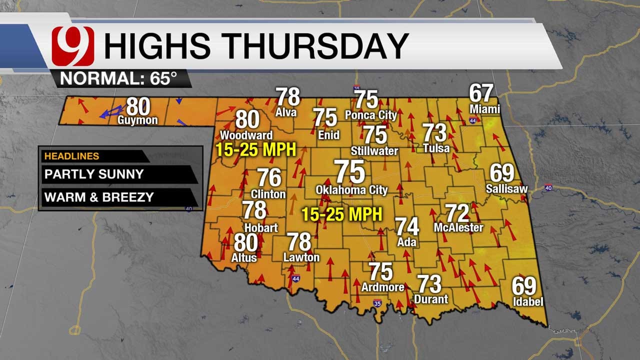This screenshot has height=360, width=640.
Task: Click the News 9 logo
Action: tap(73, 46)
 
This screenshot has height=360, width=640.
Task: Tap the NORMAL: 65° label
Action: tap(118, 78)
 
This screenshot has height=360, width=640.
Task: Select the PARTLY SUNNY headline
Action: tap(94, 174)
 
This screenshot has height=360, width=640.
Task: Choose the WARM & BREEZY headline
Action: tap(99, 197)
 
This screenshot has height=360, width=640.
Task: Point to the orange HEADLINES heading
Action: tap(72, 156)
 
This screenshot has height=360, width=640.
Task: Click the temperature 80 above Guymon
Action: tap(138, 106)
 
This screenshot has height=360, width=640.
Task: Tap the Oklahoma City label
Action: tap(351, 190)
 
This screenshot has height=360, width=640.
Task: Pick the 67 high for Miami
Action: tap(481, 93)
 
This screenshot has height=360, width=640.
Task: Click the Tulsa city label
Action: tap(436, 148)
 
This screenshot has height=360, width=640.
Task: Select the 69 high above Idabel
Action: tap(523, 286)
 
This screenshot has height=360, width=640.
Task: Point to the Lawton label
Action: tap(301, 257)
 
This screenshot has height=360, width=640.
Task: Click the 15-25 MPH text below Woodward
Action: tap(255, 149)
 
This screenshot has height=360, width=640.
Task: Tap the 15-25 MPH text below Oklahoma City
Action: tap(341, 214)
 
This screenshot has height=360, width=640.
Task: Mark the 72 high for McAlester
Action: tap(457, 213)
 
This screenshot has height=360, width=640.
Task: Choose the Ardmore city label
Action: tap(382, 287)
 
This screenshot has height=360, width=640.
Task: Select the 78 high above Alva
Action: tap(288, 97)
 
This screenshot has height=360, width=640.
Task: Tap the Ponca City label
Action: tap(371, 115)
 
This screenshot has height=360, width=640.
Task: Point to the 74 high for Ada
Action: tap(407, 226)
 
